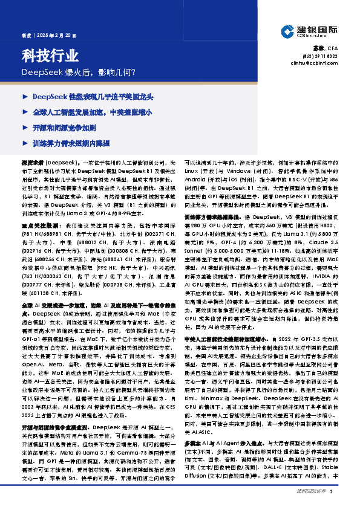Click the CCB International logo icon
287,31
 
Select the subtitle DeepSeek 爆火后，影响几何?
79,72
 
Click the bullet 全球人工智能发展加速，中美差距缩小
91,112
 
